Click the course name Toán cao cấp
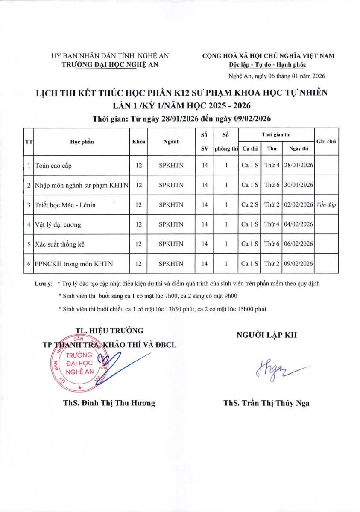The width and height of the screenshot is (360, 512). [x=56, y=165]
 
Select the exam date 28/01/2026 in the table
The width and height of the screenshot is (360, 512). [x=298, y=165]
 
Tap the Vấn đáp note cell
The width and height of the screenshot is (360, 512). [x=326, y=205]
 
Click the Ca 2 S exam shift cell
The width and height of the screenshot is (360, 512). [x=249, y=205]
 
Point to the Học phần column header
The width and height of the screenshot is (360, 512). [x=82, y=142]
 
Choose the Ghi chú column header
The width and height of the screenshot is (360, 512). [x=326, y=141]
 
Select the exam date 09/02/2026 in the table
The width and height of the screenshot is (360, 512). [x=298, y=264]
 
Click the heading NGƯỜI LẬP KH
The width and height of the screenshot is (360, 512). [x=266, y=335]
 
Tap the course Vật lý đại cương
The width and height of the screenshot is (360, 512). [x=58, y=224]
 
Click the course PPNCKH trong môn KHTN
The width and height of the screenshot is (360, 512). [x=74, y=264]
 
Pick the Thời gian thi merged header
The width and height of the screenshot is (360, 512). [x=276, y=134]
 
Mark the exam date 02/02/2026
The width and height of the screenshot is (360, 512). [x=298, y=205]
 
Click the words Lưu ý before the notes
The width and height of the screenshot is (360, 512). [x=43, y=283]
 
